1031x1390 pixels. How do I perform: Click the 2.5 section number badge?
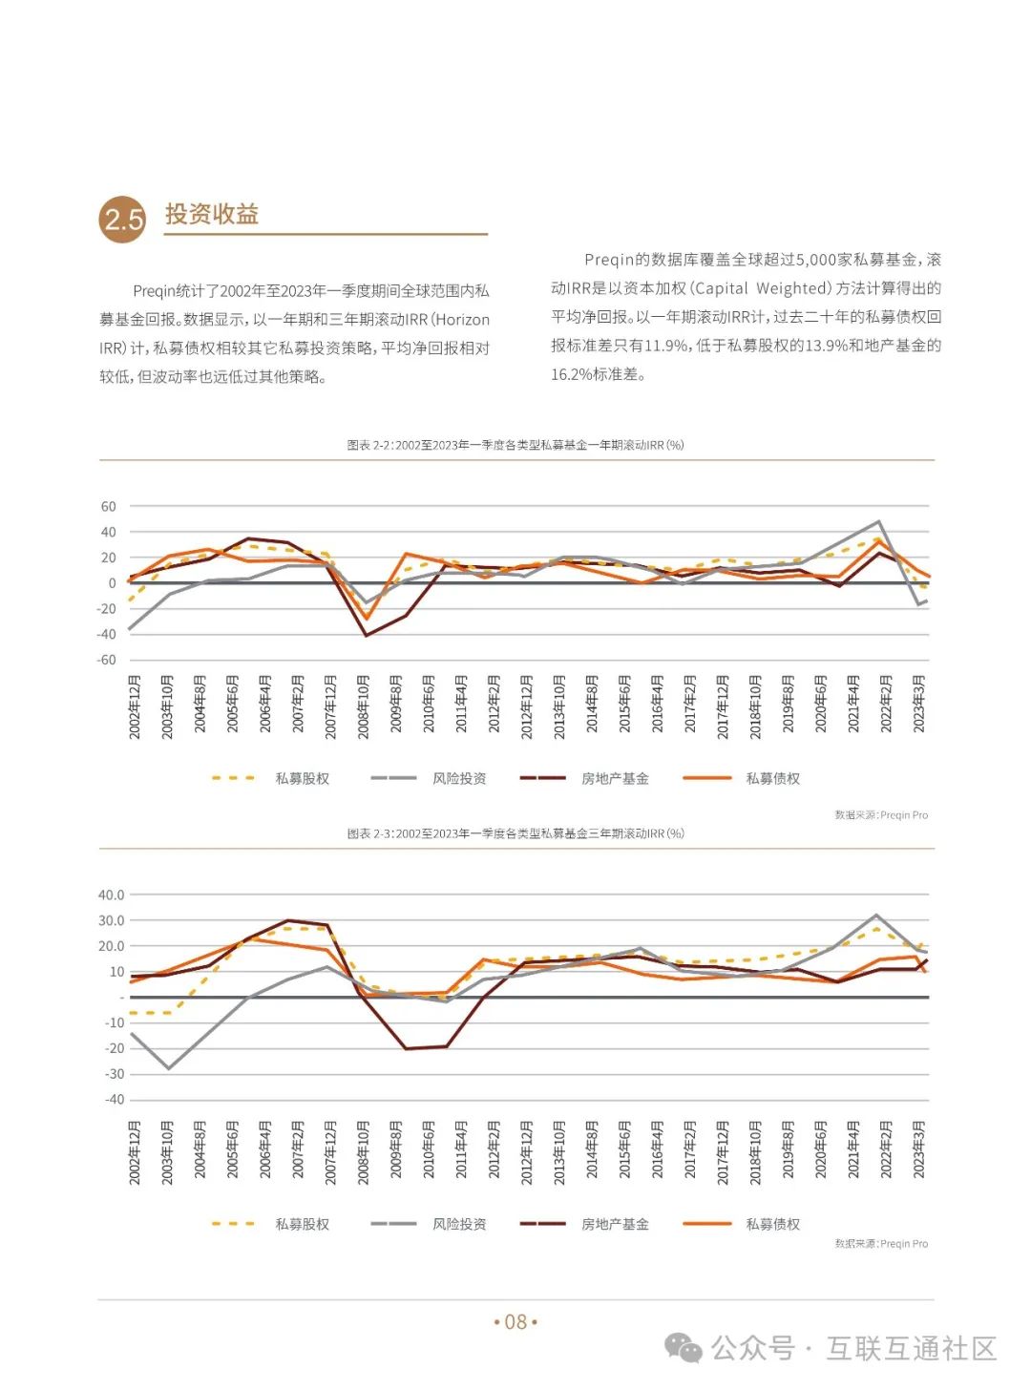tap(122, 220)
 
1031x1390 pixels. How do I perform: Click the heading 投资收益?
tap(212, 214)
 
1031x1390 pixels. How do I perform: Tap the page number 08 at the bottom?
tap(515, 1322)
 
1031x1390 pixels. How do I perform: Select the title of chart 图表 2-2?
tap(515, 445)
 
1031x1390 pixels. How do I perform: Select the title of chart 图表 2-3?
tap(515, 833)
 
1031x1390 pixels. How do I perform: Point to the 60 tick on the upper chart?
tap(109, 507)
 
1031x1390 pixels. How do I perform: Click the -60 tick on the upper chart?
tap(107, 660)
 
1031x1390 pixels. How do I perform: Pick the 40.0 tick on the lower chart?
tap(112, 895)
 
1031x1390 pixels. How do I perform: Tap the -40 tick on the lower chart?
tap(115, 1100)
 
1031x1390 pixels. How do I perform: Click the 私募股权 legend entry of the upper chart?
tap(302, 779)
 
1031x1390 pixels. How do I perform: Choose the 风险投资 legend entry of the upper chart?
tap(459, 779)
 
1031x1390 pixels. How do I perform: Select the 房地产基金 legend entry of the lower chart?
tap(615, 1224)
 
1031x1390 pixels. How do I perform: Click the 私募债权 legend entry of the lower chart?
tap(772, 1224)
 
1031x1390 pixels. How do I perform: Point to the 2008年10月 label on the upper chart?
tap(364, 706)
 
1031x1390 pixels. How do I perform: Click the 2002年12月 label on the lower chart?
tap(135, 1153)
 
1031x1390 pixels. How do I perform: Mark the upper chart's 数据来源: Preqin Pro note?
tap(881, 815)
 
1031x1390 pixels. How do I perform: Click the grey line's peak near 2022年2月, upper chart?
tap(878, 522)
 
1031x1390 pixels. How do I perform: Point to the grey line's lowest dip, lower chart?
tap(169, 1068)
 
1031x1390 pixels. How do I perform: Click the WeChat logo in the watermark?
tap(684, 1348)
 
